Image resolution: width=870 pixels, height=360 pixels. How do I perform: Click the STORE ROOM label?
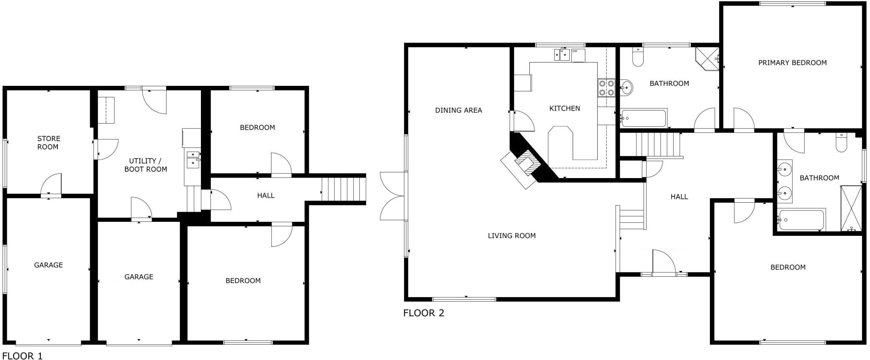48,143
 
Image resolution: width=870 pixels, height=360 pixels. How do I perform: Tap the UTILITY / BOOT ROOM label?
145,165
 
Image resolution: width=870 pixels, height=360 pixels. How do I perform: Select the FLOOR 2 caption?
423,313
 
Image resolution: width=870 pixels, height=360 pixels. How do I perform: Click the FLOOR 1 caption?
23,356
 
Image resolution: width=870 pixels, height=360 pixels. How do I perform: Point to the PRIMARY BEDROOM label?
792,63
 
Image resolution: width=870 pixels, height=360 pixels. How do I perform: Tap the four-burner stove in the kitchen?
606,88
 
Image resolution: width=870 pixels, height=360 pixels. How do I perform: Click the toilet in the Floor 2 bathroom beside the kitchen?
638,57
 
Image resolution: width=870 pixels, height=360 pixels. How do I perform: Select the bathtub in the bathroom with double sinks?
801,220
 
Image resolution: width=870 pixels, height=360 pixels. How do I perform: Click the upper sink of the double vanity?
785,170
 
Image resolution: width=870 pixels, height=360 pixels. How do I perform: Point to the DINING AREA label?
458,111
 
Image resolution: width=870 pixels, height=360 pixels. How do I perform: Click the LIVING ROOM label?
511,236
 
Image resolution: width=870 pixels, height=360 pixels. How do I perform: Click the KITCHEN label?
565,109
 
